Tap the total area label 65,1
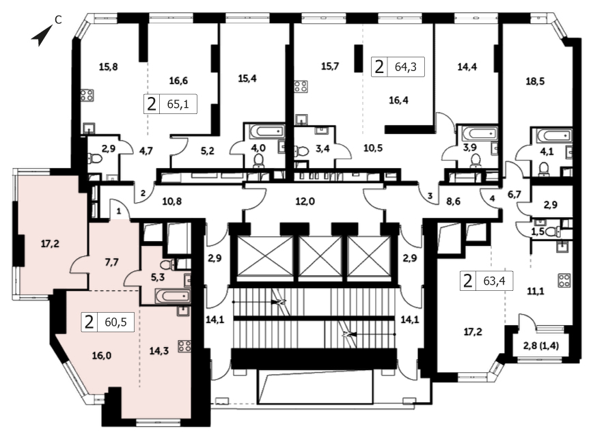click(178, 104)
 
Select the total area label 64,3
click(405, 67)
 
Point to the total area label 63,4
click(494, 281)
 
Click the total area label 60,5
click(115, 322)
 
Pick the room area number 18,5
click(535, 81)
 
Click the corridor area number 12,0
click(305, 201)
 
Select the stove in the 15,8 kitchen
click(87, 96)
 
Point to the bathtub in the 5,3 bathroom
click(172, 295)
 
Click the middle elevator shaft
click(320, 256)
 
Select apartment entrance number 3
click(430, 196)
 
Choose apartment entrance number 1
click(119, 211)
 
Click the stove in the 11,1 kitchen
click(564, 281)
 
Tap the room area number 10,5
click(373, 147)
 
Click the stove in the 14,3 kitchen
click(184, 346)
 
